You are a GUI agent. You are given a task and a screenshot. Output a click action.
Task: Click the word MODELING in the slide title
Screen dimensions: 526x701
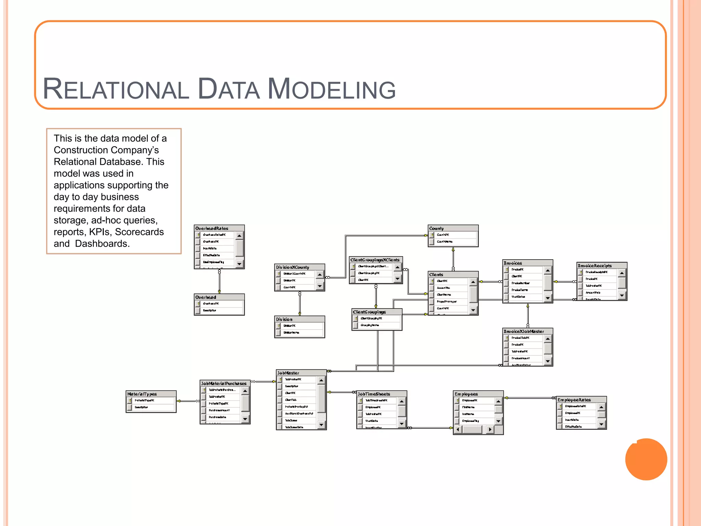[x=331, y=89]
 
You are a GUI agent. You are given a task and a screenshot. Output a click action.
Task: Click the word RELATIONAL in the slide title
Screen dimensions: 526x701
[x=116, y=89]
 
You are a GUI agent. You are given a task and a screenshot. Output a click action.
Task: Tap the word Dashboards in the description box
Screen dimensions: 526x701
[x=102, y=243]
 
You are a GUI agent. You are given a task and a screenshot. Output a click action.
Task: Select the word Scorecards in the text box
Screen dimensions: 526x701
[x=139, y=232]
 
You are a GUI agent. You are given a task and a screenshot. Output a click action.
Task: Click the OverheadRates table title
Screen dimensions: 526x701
[x=212, y=228]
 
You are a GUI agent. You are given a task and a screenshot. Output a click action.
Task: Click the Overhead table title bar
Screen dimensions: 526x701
[x=206, y=297]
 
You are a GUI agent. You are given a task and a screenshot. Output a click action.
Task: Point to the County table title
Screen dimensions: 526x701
[x=436, y=228]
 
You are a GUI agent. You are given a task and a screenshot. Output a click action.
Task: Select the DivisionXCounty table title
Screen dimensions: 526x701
[x=293, y=267]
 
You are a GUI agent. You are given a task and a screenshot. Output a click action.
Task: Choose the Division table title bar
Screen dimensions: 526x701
[x=284, y=319]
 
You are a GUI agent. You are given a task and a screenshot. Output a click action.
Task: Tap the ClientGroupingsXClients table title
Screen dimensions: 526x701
[x=375, y=260]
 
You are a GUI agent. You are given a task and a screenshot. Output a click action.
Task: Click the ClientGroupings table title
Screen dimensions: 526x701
[x=369, y=312]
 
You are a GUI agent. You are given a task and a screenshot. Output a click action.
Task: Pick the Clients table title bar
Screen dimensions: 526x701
[x=436, y=275]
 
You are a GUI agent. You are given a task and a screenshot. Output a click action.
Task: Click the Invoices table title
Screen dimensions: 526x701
[x=512, y=263]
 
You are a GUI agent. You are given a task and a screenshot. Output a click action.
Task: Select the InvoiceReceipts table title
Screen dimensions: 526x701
[x=595, y=266]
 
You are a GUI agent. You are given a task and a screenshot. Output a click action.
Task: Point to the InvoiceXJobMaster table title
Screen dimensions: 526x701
[x=524, y=331]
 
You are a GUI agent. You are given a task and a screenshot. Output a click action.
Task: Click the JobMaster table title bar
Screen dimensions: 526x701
[x=288, y=373]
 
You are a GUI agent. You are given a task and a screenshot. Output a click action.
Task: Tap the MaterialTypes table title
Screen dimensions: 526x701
[x=142, y=394]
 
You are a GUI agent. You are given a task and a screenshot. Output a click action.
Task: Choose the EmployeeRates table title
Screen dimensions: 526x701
[x=574, y=400]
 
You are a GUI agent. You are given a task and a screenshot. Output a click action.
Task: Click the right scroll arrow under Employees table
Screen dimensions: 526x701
[x=490, y=429]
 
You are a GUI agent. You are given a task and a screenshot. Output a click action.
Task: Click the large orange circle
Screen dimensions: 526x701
[x=646, y=459]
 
